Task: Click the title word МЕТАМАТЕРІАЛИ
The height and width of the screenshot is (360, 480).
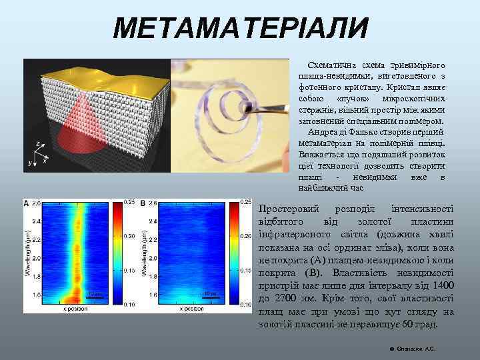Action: coord(241,28)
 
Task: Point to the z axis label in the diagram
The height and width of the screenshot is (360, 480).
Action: coord(38,143)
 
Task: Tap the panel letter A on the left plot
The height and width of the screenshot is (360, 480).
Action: coord(27,202)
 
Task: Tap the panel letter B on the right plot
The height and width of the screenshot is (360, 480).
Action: coord(142,202)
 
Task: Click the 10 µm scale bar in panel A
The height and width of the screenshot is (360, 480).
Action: coord(96,294)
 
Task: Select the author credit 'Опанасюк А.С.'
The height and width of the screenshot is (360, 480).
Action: coord(415,348)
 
